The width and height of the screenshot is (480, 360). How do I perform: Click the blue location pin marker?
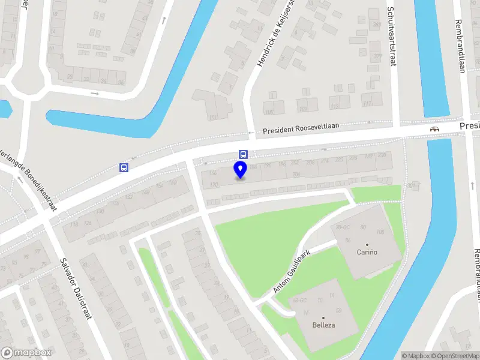tap(241, 169)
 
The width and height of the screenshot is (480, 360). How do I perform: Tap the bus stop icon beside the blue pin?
tap(243, 154)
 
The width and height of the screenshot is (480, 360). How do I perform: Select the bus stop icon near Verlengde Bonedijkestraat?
tap(124, 167)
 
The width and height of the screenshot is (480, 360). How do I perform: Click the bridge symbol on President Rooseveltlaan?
tap(434, 128)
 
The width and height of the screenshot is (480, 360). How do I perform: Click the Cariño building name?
tap(367, 252)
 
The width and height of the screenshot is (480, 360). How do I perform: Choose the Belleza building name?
tap(323, 325)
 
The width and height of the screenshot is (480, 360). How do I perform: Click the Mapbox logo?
tap(26, 353)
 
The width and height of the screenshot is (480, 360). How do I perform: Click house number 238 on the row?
tap(382, 155)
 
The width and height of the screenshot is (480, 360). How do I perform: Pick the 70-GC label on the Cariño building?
tap(343, 228)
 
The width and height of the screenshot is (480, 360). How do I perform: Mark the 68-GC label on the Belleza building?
tap(299, 299)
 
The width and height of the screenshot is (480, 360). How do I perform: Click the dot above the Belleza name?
tap(323, 317)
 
